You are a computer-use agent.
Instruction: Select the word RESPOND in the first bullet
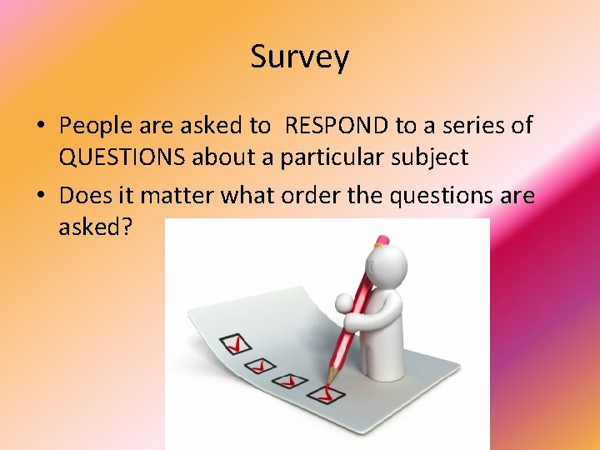336,127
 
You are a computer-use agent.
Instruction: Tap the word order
287,197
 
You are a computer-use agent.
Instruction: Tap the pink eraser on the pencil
382,242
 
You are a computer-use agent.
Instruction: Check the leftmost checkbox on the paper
234,342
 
